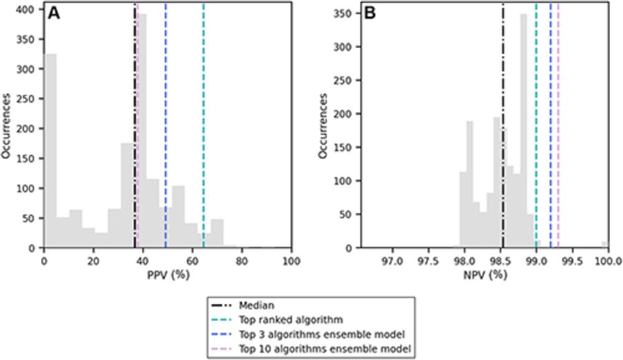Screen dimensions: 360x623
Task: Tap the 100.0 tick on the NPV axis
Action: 607,257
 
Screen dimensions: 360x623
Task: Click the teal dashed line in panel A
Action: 204,125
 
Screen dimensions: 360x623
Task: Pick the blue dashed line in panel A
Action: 166,125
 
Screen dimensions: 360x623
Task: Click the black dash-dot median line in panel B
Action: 503,125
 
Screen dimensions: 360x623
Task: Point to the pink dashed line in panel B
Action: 558,125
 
